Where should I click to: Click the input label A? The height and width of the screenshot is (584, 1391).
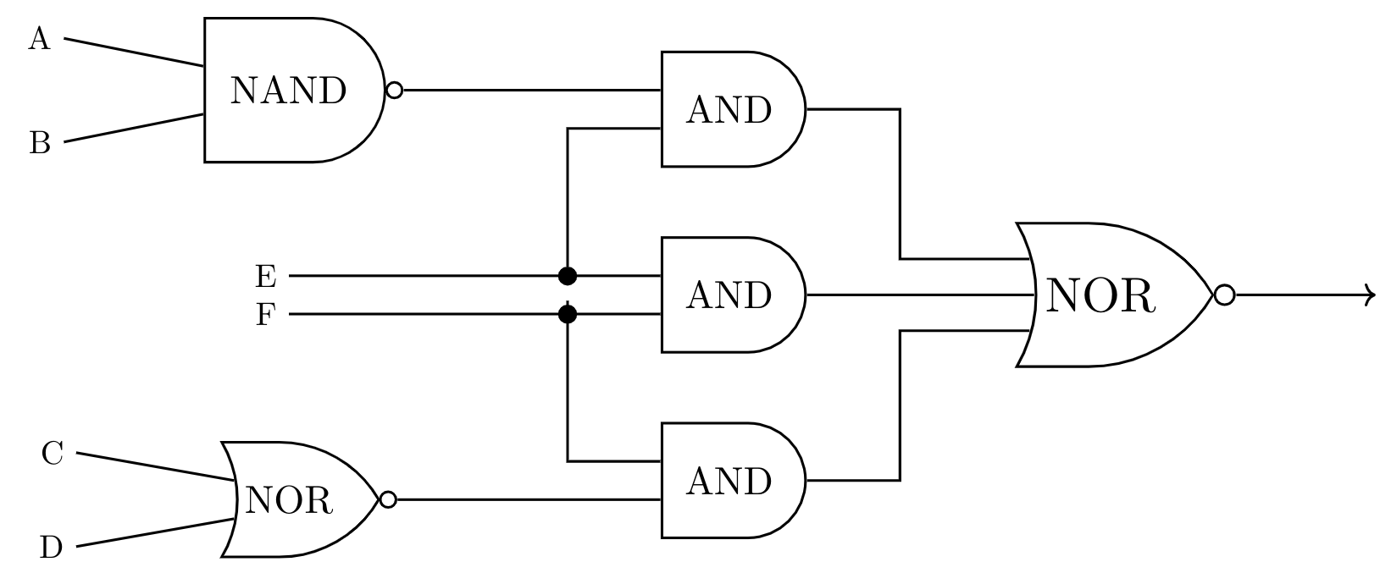click(39, 39)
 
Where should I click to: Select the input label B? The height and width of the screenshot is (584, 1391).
click(40, 142)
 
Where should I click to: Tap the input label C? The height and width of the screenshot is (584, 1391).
click(52, 455)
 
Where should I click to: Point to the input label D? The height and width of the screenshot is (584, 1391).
click(51, 548)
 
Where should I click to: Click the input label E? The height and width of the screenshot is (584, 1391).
click(265, 276)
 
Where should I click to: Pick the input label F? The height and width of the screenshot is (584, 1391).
click(265, 316)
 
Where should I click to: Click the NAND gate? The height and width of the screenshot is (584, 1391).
click(288, 90)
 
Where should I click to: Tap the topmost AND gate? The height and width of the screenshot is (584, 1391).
click(729, 110)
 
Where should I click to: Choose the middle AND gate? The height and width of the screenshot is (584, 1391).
click(729, 295)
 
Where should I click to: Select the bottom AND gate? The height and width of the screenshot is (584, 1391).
click(729, 481)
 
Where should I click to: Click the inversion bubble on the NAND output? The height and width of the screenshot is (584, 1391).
click(394, 90)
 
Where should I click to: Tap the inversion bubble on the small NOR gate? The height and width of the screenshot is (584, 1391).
click(388, 499)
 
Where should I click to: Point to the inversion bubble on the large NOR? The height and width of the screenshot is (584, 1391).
click(1224, 295)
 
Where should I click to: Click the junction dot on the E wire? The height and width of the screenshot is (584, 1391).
click(568, 276)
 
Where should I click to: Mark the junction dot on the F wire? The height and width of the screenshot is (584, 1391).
click(568, 315)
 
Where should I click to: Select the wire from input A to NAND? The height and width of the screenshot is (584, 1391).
click(134, 52)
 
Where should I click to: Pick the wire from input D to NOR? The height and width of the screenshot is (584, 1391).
click(152, 532)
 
